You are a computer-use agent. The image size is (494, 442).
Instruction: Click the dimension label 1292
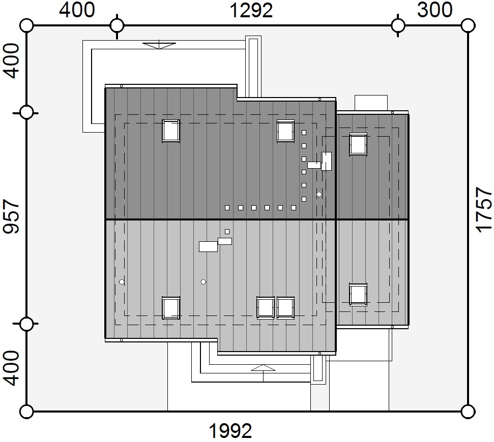[x=251, y=10]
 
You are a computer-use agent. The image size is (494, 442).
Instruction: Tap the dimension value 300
[x=435, y=10]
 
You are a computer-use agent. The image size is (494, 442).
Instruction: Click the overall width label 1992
[x=230, y=431]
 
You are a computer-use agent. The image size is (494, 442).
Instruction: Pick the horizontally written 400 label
[x=77, y=10]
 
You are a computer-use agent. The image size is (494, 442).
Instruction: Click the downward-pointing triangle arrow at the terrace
[x=159, y=45]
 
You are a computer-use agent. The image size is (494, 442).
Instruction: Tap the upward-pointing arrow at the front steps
[x=264, y=368]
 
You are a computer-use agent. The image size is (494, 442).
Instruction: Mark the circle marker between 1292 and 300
[x=398, y=25]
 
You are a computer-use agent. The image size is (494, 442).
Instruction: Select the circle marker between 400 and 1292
[x=117, y=25]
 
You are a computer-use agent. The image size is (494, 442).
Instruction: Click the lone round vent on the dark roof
[x=319, y=195]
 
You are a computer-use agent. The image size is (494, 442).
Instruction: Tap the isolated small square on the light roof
[x=227, y=232]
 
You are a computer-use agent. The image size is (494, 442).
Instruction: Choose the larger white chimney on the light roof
[x=208, y=246]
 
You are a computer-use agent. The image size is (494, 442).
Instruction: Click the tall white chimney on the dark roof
[x=327, y=162]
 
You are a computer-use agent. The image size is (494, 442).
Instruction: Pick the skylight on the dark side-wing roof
[x=358, y=144]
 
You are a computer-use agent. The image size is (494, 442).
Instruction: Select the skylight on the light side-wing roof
[x=358, y=295]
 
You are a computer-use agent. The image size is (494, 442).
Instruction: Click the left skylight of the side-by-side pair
[x=266, y=308]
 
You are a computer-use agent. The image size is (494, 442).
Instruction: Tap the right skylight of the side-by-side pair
[x=286, y=308]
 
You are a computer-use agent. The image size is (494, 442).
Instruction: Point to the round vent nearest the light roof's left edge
[x=122, y=282]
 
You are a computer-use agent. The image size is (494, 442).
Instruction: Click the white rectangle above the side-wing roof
[x=371, y=103]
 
